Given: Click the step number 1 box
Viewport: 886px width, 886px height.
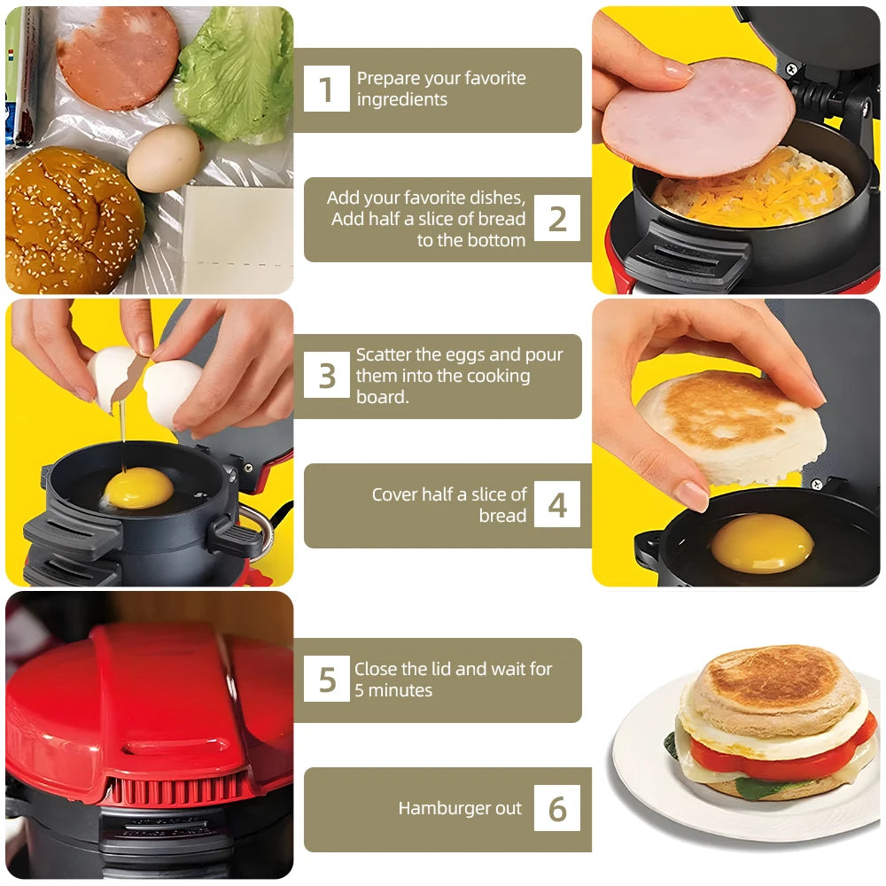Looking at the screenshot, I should tap(326, 89).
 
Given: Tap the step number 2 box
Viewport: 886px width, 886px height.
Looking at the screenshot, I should tap(557, 219).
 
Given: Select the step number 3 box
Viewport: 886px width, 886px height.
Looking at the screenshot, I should tap(327, 376).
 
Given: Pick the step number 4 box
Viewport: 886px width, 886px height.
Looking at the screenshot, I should tap(557, 504).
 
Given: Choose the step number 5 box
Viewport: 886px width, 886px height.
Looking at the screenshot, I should tap(327, 680).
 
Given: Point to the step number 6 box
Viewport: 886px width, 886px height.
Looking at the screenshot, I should tap(557, 808).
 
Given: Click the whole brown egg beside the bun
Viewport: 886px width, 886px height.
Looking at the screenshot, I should tap(164, 158).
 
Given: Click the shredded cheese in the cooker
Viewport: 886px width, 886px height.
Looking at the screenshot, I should tap(753, 190).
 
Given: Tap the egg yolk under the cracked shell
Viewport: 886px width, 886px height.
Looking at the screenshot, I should tap(139, 487).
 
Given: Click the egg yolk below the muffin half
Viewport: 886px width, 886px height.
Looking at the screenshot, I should tap(762, 542).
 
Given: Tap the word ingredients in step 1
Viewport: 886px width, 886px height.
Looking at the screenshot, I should tap(402, 99).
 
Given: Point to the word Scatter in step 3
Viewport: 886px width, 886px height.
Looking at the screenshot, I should tap(384, 354).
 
